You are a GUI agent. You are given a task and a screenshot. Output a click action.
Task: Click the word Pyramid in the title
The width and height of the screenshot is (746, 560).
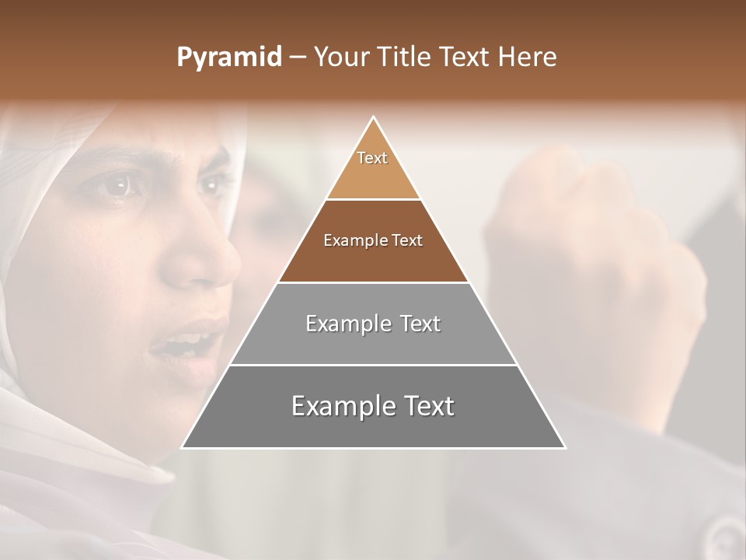coord(229,58)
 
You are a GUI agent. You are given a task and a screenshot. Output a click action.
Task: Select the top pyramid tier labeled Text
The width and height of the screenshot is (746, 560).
coord(373,167)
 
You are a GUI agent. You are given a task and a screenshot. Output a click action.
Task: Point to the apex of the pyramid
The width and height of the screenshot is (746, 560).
coord(373,118)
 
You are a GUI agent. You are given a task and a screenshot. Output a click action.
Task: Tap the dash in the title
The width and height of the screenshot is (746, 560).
coord(298,58)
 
